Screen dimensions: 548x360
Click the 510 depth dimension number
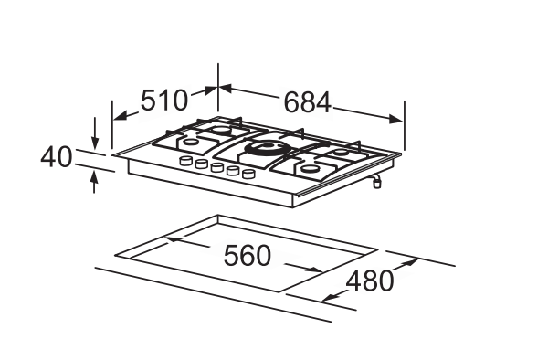[163, 101]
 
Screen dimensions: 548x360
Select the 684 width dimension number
[307, 102]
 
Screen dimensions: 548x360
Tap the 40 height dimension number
[57, 157]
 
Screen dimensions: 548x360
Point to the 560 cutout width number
[248, 256]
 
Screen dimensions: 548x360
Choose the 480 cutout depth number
[370, 281]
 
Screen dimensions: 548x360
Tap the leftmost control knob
[185, 161]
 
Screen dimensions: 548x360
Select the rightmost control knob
[248, 174]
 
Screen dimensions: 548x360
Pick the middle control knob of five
[217, 167]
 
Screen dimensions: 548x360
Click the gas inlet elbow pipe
[376, 181]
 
